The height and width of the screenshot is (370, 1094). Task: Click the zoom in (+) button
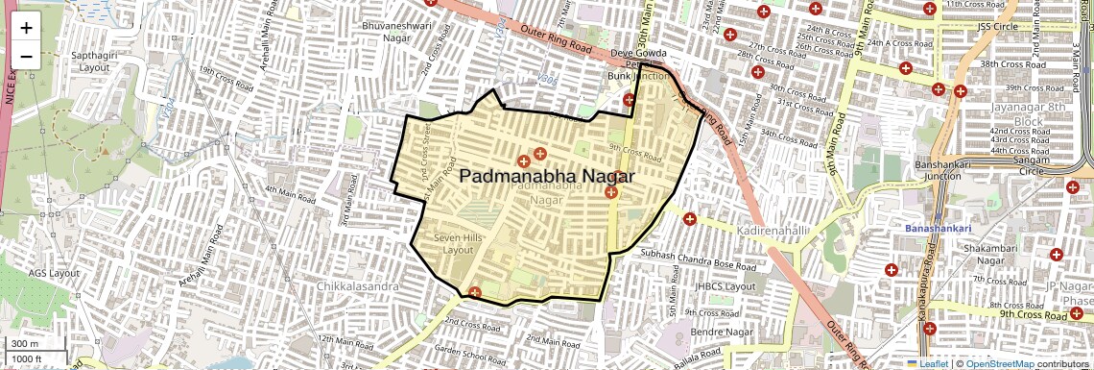point(26,28)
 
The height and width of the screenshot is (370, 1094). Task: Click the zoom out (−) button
point(26,56)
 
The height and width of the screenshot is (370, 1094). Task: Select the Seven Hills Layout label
point(454,242)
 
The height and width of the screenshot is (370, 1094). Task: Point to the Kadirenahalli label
point(775,232)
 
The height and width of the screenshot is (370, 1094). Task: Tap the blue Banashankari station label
point(939,229)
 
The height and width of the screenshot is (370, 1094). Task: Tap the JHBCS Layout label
point(725,286)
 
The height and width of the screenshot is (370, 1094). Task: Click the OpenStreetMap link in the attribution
point(999,363)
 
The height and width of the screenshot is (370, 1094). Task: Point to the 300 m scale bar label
point(24,344)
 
